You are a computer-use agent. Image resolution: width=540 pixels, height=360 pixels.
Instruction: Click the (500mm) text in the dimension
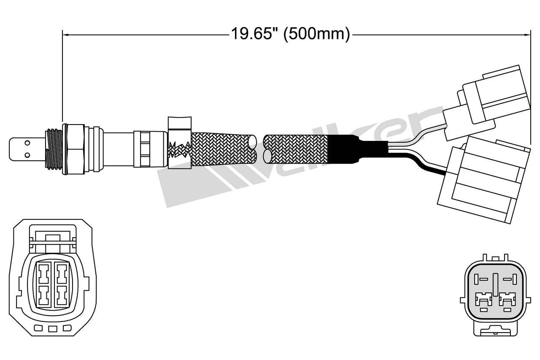(x=317, y=34)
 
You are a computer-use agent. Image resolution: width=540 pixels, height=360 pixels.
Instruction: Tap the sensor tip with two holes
(x=26, y=149)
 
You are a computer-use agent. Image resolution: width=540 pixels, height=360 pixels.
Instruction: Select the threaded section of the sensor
(x=54, y=149)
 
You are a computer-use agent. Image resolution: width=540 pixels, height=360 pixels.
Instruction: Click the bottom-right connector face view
(x=496, y=293)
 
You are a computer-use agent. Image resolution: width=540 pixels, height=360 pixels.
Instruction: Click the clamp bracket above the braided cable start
(x=180, y=122)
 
